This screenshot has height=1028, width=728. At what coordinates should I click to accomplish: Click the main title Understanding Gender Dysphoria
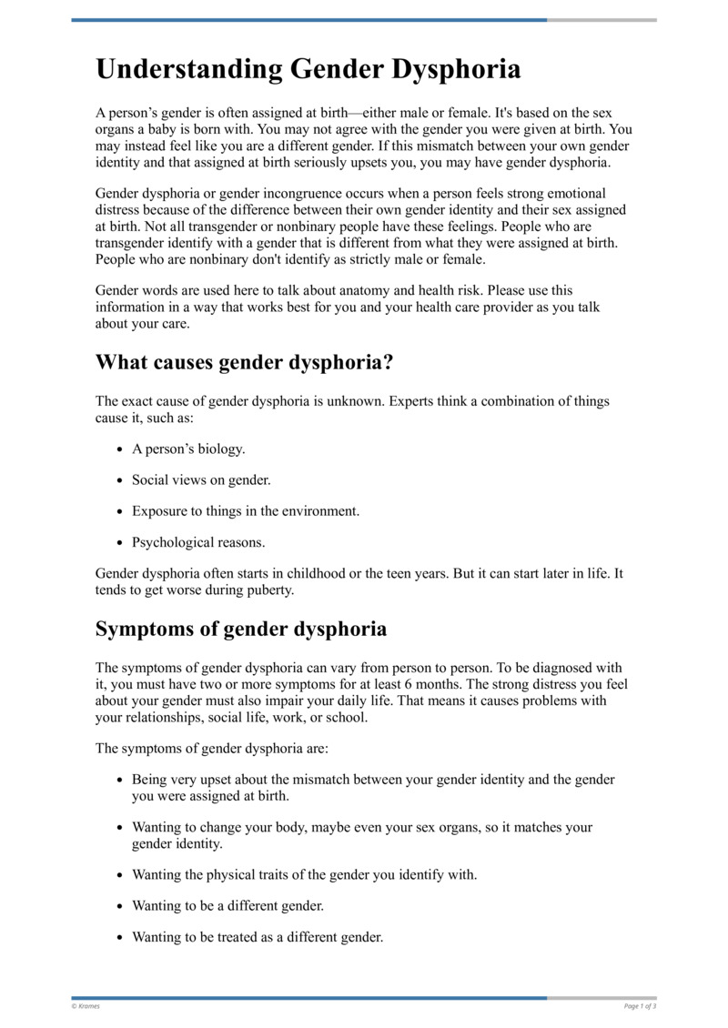click(x=308, y=70)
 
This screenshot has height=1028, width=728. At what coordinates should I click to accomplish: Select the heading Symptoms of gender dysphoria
click(x=241, y=629)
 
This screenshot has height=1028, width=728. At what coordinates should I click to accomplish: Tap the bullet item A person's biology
click(x=188, y=448)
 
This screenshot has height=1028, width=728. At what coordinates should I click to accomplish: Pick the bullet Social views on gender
click(x=201, y=479)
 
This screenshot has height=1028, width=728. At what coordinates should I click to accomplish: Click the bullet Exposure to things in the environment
click(x=246, y=510)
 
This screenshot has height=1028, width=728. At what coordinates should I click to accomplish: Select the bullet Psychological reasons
click(x=198, y=542)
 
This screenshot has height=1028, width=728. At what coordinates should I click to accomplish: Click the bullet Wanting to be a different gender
click(x=227, y=905)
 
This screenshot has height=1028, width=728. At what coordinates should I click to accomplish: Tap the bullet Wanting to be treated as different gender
click(x=258, y=936)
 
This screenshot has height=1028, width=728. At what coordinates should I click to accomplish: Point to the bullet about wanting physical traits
click(x=304, y=874)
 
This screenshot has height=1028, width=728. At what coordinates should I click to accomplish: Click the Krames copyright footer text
click(x=86, y=1006)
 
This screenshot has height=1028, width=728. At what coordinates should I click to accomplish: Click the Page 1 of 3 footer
click(x=640, y=1006)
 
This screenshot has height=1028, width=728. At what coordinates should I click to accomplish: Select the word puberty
click(x=269, y=590)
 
